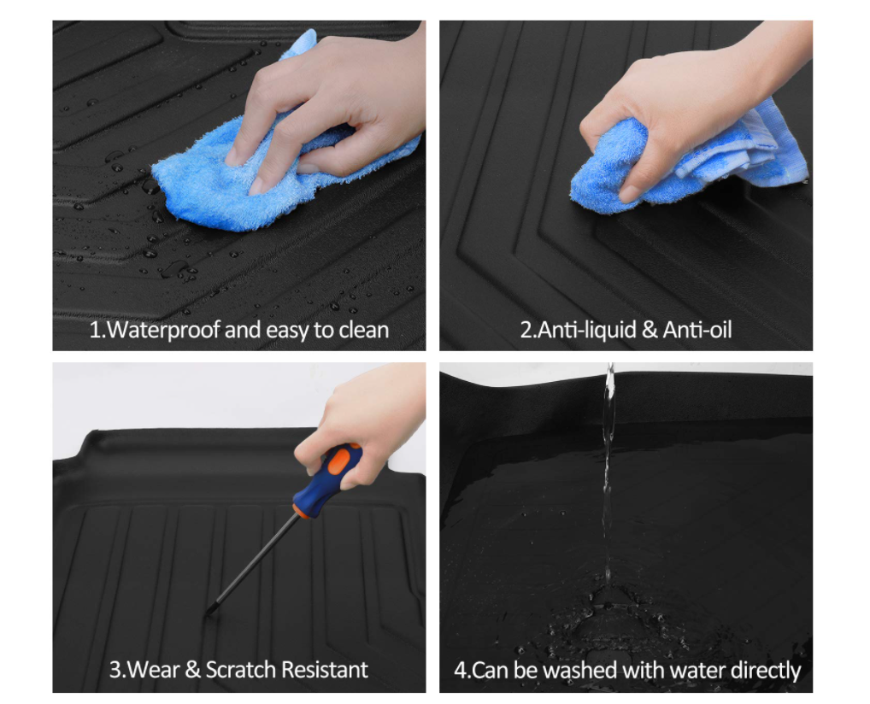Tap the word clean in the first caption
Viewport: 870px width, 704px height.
click(364, 330)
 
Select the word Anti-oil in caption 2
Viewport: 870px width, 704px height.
click(697, 330)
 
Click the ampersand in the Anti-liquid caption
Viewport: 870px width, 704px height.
click(650, 330)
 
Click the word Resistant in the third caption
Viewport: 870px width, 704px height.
click(325, 670)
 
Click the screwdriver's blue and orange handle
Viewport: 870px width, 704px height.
click(326, 480)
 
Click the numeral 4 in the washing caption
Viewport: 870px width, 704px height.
click(460, 670)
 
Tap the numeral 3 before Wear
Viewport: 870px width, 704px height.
click(115, 670)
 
